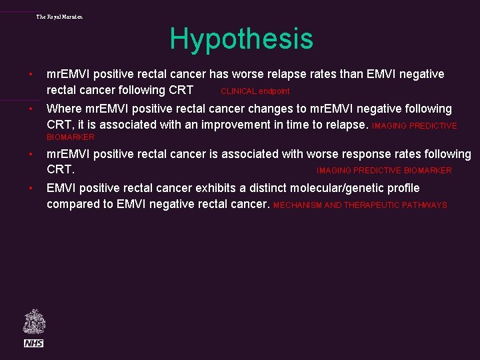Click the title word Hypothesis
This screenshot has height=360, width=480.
(x=241, y=39)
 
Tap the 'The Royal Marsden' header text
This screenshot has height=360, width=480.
(x=59, y=17)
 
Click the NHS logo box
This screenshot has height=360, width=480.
(x=33, y=343)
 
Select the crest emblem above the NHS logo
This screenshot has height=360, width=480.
(x=33, y=321)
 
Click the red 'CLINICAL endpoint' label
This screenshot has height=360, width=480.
(x=255, y=91)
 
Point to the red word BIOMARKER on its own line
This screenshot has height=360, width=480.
(x=71, y=137)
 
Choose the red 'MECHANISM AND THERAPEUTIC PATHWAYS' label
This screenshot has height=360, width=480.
(x=360, y=205)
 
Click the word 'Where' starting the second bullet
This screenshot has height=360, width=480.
(x=63, y=109)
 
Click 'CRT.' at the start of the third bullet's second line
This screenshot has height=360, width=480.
(x=60, y=170)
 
